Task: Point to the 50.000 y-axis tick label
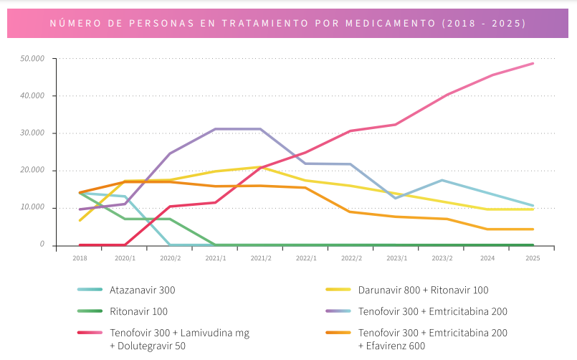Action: point(33,59)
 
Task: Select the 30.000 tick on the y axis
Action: point(33,133)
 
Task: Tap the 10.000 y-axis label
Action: point(33,208)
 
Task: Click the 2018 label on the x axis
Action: point(80,257)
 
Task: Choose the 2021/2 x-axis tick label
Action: point(261,257)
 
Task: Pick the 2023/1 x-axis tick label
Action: point(396,257)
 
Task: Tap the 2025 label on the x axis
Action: point(533,257)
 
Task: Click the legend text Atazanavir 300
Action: point(143,290)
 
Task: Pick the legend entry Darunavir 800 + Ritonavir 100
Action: point(423,290)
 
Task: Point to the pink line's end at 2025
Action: point(533,63)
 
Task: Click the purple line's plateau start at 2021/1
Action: point(216,129)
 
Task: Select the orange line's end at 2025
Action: point(533,229)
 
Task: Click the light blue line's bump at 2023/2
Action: point(442,180)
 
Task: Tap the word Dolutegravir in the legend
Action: point(147,346)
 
